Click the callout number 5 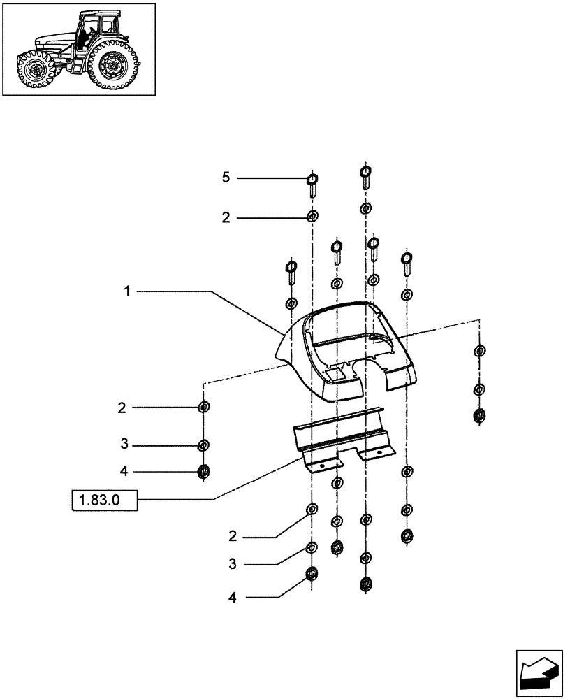[225, 178]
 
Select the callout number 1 [127, 291]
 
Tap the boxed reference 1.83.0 [104, 500]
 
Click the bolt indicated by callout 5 [312, 185]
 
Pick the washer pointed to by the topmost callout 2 [312, 217]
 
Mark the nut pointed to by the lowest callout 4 [312, 576]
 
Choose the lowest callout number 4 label [231, 598]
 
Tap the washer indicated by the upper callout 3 [203, 445]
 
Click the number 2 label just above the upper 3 [122, 408]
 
